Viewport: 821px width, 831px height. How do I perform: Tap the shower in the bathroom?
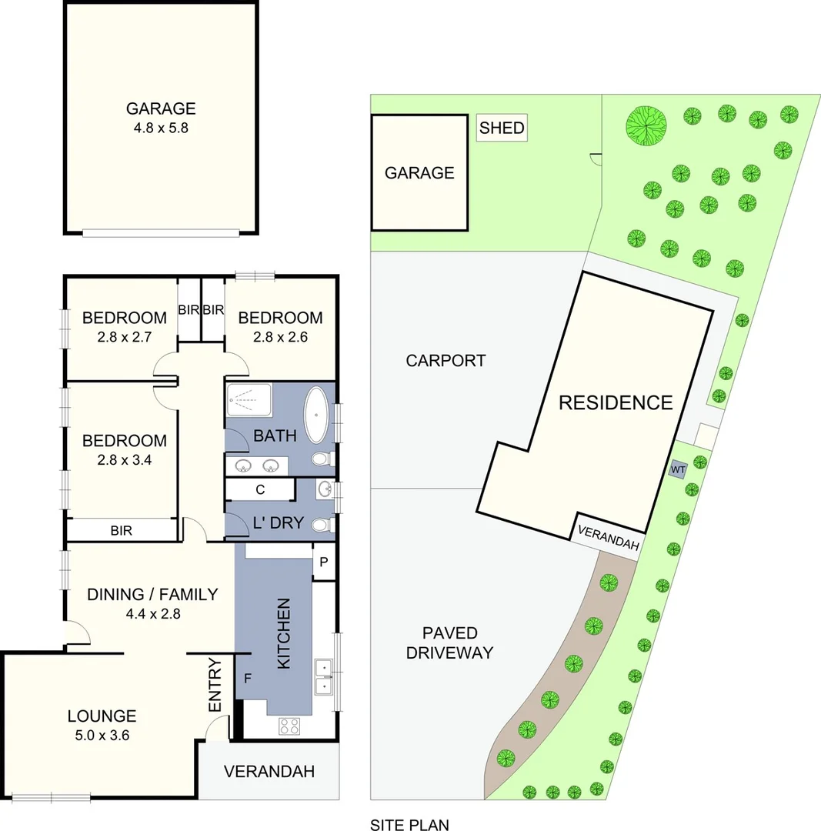click(249, 400)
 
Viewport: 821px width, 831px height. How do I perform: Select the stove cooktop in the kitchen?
click(289, 725)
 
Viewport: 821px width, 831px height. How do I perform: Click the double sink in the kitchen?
click(324, 675)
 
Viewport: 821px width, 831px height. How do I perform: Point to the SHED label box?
click(502, 128)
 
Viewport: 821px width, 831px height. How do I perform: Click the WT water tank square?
click(678, 469)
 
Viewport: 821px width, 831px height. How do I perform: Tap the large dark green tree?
click(646, 123)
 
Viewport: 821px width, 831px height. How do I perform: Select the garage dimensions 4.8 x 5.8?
click(161, 128)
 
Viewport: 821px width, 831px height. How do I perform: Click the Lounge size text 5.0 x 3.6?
click(102, 735)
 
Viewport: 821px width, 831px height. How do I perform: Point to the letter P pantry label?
click(324, 562)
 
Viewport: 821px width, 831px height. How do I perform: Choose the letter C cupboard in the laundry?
click(260, 489)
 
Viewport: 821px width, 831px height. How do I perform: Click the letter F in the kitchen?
click(248, 679)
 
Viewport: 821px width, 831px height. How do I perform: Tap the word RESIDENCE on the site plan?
click(616, 402)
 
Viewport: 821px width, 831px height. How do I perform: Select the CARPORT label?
click(446, 360)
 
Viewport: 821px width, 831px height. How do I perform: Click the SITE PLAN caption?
click(409, 825)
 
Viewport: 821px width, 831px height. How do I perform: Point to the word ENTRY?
click(215, 685)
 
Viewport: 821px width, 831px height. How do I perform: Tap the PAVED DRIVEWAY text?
click(450, 643)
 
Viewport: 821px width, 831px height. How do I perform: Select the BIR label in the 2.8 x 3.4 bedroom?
click(121, 530)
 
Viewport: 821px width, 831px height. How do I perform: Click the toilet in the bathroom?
click(322, 459)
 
